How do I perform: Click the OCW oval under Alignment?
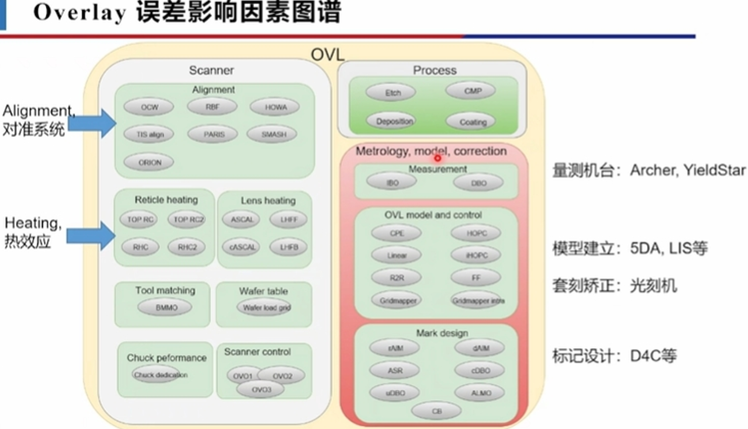click(x=149, y=107)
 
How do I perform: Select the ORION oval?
click(x=149, y=162)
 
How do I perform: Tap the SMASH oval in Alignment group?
click(x=272, y=134)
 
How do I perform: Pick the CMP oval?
click(x=471, y=91)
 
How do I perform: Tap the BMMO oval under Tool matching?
click(x=165, y=308)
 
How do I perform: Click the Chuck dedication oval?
click(x=159, y=375)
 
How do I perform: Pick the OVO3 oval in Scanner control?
click(x=260, y=390)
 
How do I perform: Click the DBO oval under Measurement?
click(x=478, y=183)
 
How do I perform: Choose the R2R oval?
click(x=396, y=278)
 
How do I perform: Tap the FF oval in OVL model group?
click(x=476, y=278)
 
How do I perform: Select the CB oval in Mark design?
click(x=436, y=411)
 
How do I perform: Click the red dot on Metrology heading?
click(x=437, y=158)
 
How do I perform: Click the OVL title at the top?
click(x=327, y=55)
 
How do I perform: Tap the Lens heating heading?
click(x=268, y=200)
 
